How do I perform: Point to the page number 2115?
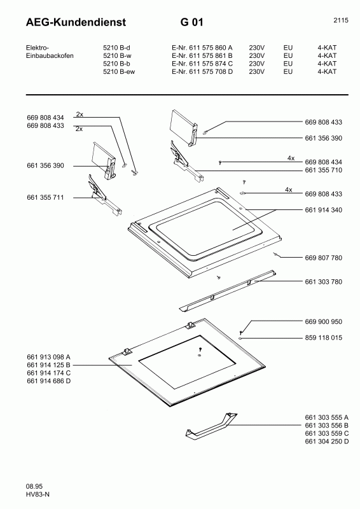[340, 20]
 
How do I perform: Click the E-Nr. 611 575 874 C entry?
[202, 64]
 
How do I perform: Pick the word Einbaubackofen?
[49, 55]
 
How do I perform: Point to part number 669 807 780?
[324, 258]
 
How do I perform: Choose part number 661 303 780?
[324, 281]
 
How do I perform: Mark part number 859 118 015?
[324, 338]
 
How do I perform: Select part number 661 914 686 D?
[48, 380]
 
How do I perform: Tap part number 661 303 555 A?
[327, 417]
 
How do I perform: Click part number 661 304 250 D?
[327, 442]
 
